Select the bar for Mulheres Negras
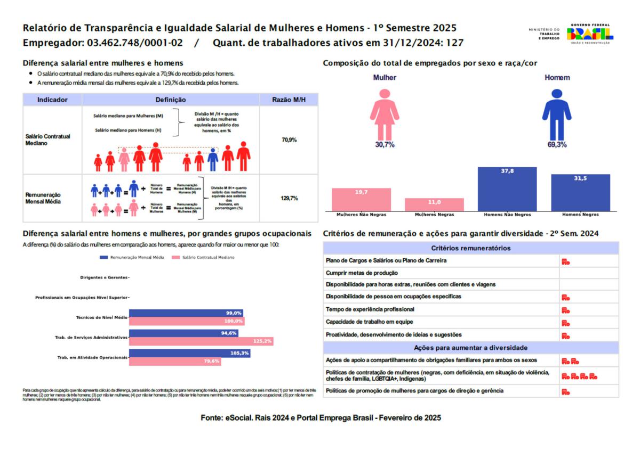tap(434, 204)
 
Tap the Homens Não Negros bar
tap(507, 189)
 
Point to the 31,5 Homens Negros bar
tap(580, 192)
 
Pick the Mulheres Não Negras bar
tap(361, 199)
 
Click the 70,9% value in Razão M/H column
tap(289, 140)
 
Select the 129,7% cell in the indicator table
tap(289, 198)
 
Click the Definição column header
tap(170, 100)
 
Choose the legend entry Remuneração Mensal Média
tap(133, 257)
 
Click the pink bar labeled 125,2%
tap(201, 341)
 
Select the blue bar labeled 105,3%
tap(189, 353)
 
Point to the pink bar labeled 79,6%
tap(175, 362)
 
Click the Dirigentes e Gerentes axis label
tap(104, 277)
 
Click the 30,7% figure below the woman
tap(385, 145)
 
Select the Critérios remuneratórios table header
tap(471, 248)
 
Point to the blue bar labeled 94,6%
tap(183, 333)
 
